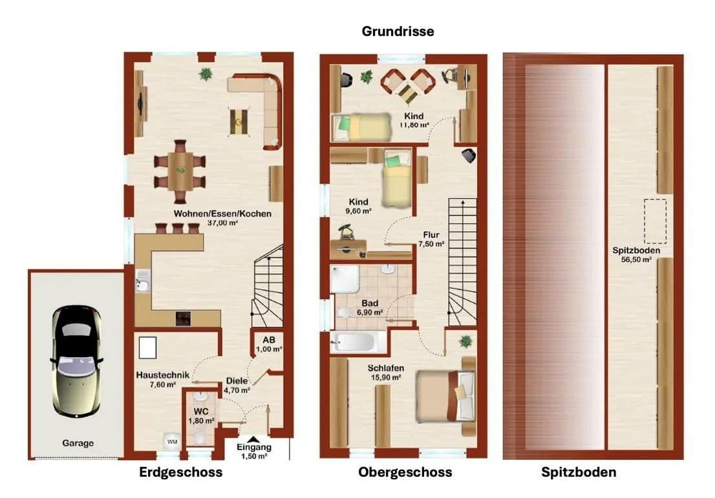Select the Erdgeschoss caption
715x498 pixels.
[x=181, y=472]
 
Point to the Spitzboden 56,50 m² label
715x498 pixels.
[x=632, y=254]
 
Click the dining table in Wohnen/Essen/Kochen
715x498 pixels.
[x=180, y=170]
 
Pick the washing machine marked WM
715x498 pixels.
[x=172, y=441]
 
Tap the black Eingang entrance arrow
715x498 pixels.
[x=254, y=439]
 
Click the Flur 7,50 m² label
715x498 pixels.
[x=431, y=239]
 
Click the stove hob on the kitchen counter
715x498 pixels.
[x=184, y=317]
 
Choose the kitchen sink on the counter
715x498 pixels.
[x=143, y=284]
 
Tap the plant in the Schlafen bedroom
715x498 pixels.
[x=464, y=341]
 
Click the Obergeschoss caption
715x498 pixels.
[x=405, y=472]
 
